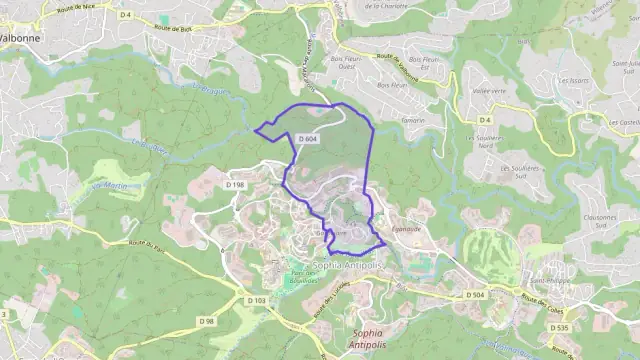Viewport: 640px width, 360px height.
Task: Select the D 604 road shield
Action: [309, 139]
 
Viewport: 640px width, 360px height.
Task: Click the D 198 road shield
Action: [235, 185]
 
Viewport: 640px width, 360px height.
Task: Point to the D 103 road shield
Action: [257, 300]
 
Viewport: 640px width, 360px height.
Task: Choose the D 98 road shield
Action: [207, 320]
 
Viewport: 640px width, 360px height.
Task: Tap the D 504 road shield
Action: [475, 295]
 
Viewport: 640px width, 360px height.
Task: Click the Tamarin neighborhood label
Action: [412, 120]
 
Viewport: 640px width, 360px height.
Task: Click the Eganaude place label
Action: [407, 229]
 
